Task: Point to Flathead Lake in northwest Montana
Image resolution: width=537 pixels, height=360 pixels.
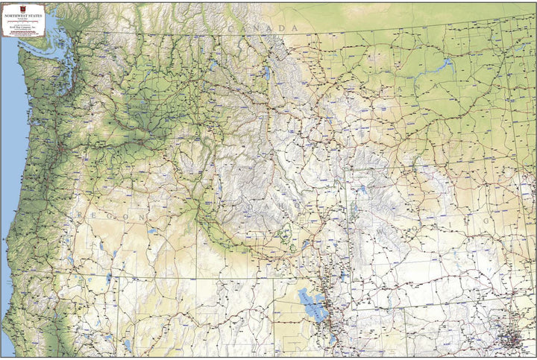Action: (x=266, y=72)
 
